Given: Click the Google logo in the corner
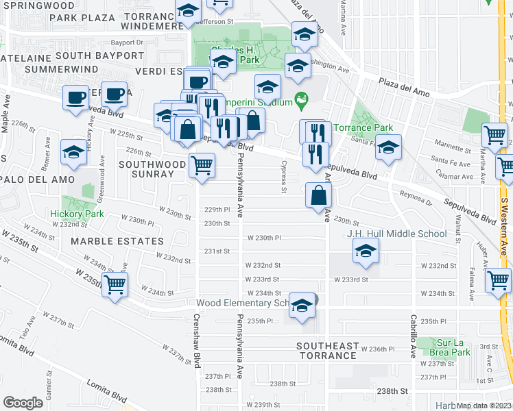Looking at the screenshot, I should tap(23, 402).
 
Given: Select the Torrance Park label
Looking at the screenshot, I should tap(363, 127).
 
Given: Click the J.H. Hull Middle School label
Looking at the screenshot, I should tap(396, 234).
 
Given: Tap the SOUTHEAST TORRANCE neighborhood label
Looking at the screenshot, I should tap(326, 351).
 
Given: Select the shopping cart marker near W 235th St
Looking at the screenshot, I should tap(115, 284).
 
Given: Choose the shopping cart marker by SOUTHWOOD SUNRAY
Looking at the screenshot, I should tap(202, 164).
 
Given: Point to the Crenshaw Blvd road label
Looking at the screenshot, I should tap(197, 336).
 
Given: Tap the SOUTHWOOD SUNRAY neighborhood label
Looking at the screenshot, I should tap(152, 169).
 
